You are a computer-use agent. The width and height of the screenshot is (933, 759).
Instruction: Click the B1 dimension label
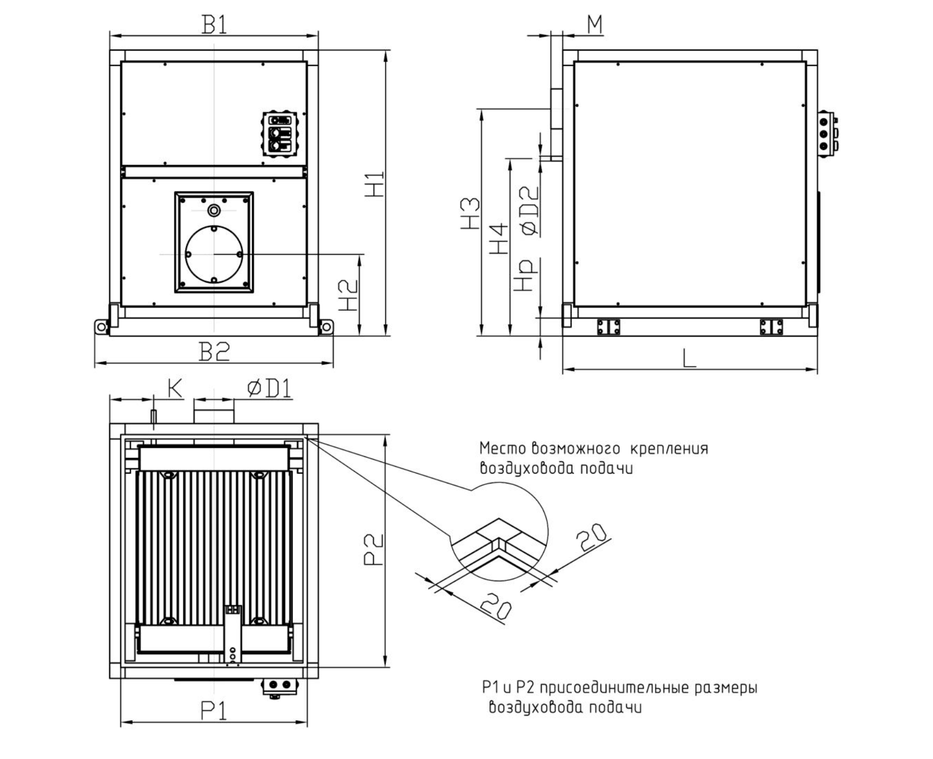tap(214, 24)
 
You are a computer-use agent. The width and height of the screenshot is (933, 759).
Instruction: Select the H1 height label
tap(374, 184)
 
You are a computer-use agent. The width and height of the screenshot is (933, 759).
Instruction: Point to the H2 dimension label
tap(349, 296)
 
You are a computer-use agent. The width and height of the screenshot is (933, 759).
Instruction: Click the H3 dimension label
tap(470, 213)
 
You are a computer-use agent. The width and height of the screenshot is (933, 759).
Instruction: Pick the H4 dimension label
tap(499, 238)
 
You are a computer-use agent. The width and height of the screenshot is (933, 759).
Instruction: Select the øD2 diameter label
tap(530, 210)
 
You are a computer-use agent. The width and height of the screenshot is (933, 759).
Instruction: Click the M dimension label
tap(595, 24)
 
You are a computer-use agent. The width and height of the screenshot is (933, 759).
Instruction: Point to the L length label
tap(689, 358)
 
